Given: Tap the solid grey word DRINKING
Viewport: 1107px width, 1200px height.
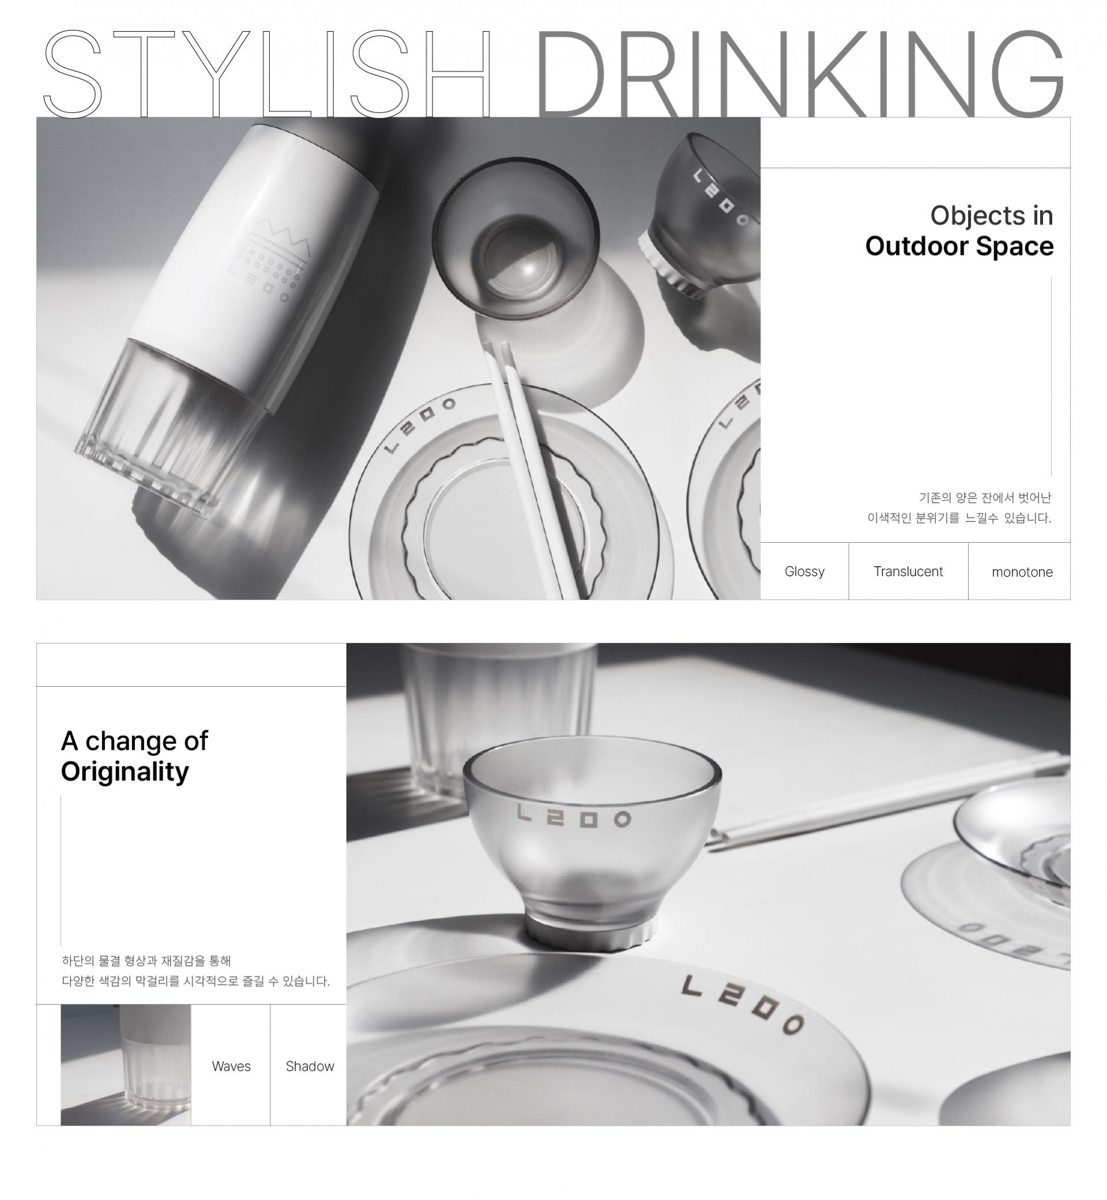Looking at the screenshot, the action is coord(800,73).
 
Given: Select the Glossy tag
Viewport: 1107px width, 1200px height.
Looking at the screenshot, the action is coord(804,571).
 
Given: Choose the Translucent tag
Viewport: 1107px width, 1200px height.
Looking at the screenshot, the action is coord(908,571).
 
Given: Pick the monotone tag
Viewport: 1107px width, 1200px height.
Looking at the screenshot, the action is coord(1022,572).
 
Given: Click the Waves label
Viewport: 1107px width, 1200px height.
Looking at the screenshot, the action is coord(231,1066).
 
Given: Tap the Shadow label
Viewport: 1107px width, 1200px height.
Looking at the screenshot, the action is coord(310,1066).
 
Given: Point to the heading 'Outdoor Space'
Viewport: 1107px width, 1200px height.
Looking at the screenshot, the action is coord(959,246).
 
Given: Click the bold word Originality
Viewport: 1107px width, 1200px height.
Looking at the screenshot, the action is coord(125,772).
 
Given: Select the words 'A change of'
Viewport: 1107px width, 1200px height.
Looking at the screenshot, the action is coord(134,741).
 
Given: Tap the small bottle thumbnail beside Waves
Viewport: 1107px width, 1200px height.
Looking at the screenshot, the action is coord(126,1064).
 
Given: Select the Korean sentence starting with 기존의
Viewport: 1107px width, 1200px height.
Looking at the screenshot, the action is coord(959,508).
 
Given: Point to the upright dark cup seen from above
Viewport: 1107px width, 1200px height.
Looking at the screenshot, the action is coord(516,238).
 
